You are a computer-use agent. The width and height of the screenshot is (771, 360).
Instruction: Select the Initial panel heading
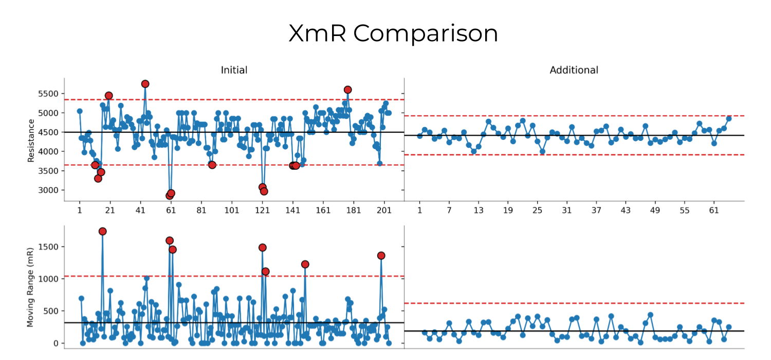point(234,70)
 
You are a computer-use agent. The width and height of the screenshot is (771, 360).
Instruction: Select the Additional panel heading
point(574,70)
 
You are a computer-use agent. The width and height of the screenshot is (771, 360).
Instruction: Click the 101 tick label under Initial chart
point(232,210)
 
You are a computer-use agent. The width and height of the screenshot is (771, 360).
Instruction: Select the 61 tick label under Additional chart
point(713,210)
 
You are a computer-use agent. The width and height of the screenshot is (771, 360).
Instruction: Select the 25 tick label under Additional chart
point(537,210)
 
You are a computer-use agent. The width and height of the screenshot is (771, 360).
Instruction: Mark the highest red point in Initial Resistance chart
point(145,84)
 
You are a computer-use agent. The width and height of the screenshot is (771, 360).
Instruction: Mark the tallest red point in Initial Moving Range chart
point(102,231)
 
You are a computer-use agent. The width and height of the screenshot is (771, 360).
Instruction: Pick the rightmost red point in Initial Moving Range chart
point(381,256)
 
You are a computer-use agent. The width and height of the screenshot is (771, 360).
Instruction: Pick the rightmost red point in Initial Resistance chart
point(347,90)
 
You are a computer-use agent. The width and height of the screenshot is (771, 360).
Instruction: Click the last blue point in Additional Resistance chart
point(728,118)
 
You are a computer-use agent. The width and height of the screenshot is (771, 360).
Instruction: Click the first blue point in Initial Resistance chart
point(80,111)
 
